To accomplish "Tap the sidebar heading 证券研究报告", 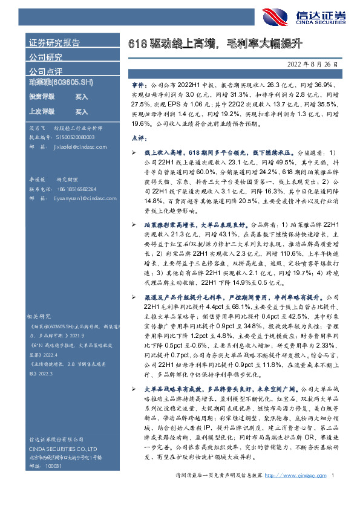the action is (54, 43).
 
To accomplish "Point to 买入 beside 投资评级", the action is (81, 97).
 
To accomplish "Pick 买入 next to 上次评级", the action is (81, 112).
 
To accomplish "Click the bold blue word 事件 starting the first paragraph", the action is (139, 87).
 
